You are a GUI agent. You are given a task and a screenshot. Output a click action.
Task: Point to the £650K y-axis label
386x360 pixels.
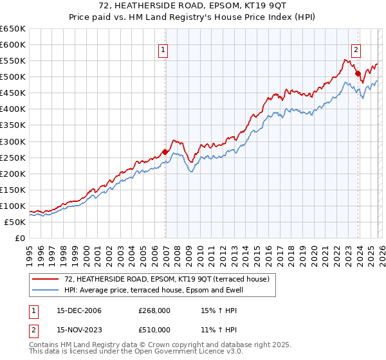point(13,29)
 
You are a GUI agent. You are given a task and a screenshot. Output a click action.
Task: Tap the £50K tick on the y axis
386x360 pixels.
point(15,222)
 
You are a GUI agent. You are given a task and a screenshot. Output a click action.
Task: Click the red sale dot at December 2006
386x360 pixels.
point(165,152)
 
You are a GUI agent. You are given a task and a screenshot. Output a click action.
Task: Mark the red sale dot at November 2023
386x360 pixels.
point(358,74)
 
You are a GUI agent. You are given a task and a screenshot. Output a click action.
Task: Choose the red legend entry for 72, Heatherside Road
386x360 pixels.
point(170,278)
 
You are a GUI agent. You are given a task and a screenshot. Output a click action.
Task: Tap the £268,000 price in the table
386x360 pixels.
point(154,310)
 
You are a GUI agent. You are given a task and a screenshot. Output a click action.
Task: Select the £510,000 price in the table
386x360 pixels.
point(154,330)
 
